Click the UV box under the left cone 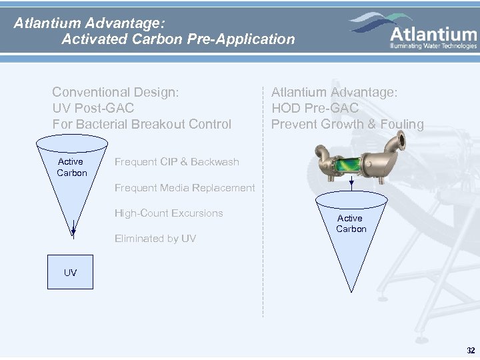(x=70, y=273)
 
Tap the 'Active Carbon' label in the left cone (x=71, y=167)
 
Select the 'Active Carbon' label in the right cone (x=351, y=223)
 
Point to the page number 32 (x=471, y=350)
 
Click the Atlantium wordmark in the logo (x=433, y=33)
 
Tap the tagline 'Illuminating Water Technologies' (x=433, y=46)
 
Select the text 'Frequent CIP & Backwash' (x=177, y=162)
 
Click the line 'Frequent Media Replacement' (x=185, y=188)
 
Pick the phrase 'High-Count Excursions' (x=169, y=213)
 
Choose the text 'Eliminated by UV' (x=155, y=238)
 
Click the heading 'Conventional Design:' (x=115, y=92)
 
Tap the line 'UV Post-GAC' (x=93, y=108)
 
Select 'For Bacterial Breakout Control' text (x=142, y=124)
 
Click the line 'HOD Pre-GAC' (x=315, y=108)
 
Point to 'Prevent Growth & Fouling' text (x=347, y=124)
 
